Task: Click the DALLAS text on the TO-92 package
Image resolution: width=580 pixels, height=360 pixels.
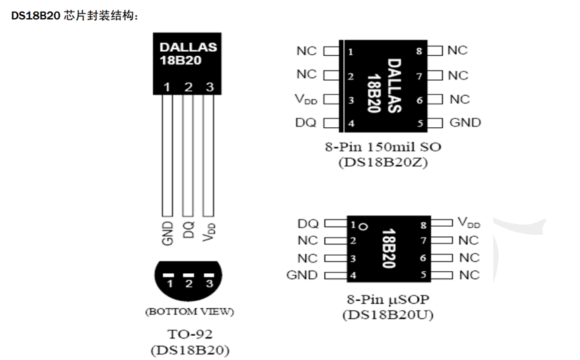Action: click(x=188, y=48)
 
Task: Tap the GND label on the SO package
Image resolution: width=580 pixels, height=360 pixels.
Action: click(x=465, y=122)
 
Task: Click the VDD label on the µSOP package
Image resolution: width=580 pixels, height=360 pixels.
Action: click(x=469, y=223)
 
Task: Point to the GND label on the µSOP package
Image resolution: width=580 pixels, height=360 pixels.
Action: click(x=301, y=275)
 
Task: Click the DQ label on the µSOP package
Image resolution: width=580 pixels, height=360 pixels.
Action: click(x=307, y=223)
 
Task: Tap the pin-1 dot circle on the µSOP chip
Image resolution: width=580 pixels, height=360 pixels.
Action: click(x=363, y=226)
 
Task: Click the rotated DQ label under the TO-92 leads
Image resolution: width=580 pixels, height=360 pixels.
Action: click(x=188, y=230)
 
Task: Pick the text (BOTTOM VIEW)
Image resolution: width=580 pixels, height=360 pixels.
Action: click(x=189, y=312)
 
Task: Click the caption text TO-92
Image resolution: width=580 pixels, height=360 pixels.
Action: click(x=189, y=334)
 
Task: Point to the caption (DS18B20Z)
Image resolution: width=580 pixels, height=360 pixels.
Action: click(x=385, y=162)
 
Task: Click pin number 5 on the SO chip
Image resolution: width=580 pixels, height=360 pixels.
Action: click(x=420, y=123)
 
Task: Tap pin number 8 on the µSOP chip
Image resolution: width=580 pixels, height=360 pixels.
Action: click(x=423, y=225)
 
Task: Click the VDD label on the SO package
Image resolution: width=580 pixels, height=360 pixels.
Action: click(x=305, y=100)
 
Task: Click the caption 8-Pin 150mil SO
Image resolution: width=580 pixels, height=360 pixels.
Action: click(x=385, y=146)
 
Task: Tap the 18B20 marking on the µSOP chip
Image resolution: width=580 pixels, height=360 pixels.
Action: click(x=388, y=249)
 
